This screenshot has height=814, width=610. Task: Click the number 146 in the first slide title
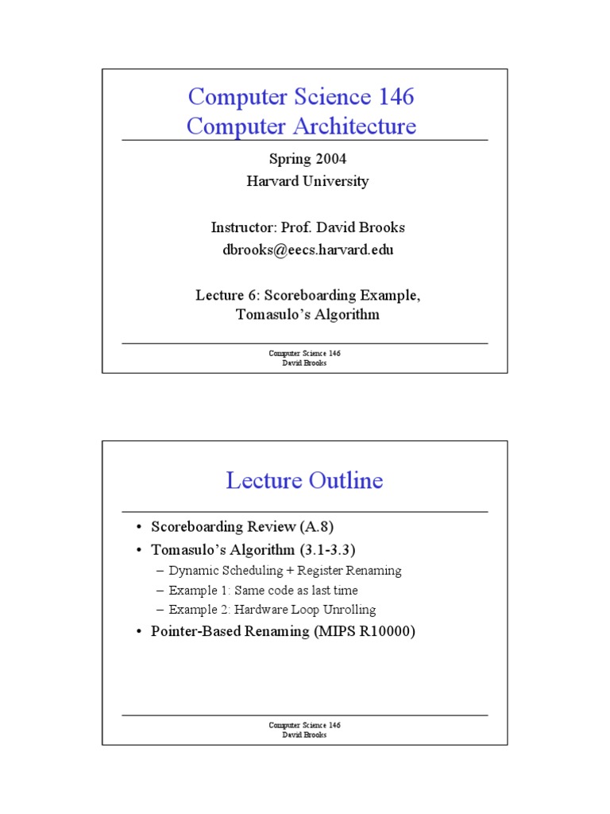pos(392,98)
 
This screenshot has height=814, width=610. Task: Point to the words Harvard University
pos(307,181)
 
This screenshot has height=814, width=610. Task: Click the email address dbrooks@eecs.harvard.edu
pos(307,250)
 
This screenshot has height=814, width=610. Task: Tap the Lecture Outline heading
pos(304,480)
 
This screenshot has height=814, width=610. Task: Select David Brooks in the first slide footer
pos(304,362)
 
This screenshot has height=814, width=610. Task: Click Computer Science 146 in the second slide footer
pos(304,725)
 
